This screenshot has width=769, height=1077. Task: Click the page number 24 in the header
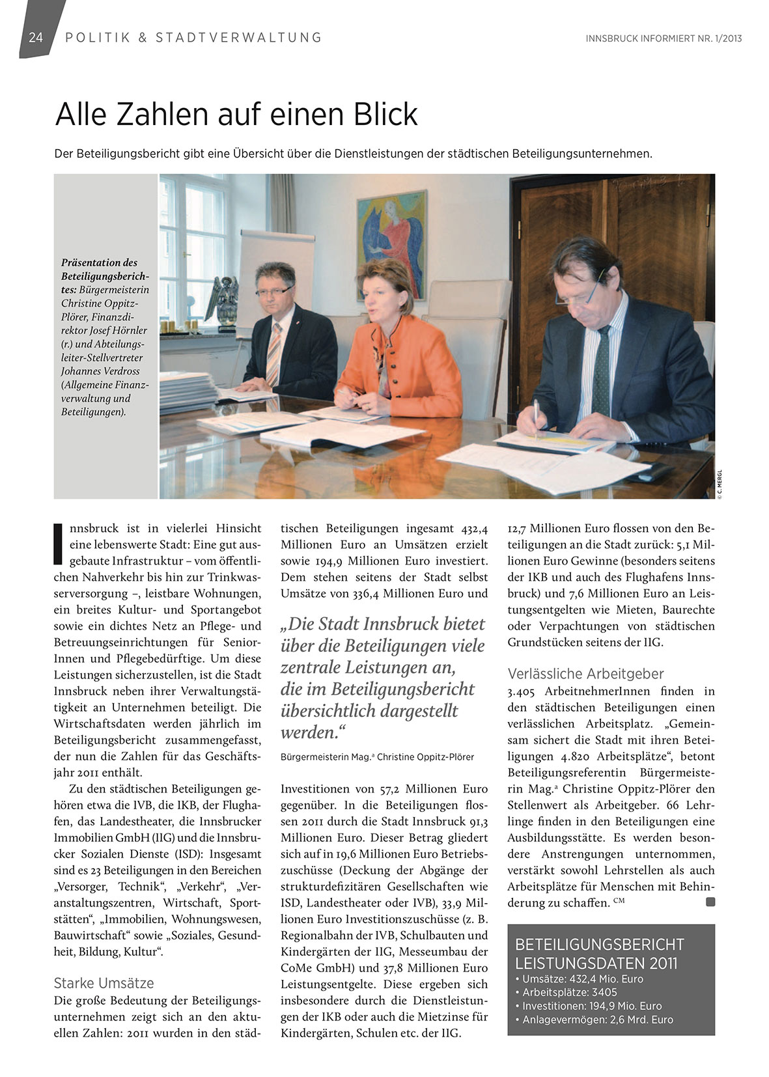click(x=36, y=38)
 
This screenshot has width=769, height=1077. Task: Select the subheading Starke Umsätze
click(x=104, y=983)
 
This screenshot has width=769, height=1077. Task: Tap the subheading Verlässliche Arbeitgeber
click(x=585, y=673)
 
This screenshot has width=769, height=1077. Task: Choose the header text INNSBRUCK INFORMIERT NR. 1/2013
click(x=664, y=38)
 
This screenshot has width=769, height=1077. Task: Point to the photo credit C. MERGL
click(x=720, y=486)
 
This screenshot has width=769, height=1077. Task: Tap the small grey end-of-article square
click(x=710, y=902)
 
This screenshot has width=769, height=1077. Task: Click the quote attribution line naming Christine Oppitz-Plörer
click(x=377, y=757)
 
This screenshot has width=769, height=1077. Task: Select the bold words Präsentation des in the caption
click(x=99, y=262)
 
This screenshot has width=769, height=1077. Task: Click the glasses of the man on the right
click(x=576, y=293)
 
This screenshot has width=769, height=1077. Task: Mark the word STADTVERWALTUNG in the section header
click(x=238, y=38)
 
